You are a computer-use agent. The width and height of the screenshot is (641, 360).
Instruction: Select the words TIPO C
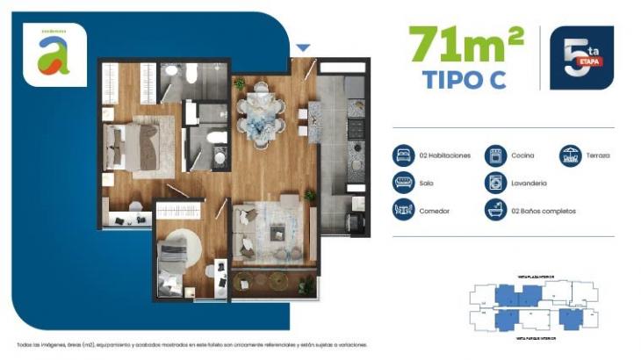(466, 79)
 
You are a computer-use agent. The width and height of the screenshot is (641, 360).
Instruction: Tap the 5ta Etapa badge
(581, 58)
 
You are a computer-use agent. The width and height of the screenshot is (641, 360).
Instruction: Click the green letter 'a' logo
(54, 54)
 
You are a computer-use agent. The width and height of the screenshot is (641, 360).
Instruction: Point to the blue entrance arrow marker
(303, 48)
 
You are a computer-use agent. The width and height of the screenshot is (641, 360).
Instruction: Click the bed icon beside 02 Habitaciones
(404, 155)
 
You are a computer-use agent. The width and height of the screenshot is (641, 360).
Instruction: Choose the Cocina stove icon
(496, 155)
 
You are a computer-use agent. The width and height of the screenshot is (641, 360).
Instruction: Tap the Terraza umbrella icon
(571, 155)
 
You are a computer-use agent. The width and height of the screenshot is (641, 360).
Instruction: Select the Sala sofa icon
(404, 183)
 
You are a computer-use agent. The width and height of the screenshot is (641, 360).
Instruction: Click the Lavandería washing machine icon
(496, 183)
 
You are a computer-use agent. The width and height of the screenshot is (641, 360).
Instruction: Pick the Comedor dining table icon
(404, 210)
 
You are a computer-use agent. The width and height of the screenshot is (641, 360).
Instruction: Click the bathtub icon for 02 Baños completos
(496, 210)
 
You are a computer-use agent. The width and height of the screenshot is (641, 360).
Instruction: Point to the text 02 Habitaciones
(445, 155)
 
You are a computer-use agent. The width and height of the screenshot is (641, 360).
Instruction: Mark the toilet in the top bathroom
(169, 71)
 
